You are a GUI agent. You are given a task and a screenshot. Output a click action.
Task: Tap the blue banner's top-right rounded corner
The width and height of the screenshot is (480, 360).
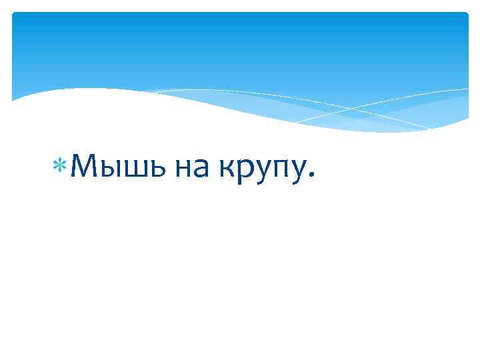(465, 15)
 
